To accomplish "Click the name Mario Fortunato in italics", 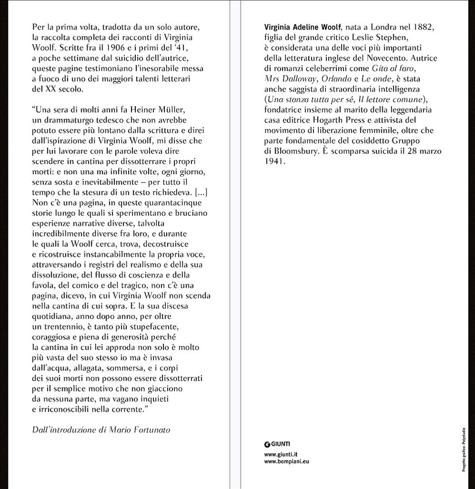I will point(142,430).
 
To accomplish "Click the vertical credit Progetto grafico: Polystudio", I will point(464,449).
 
